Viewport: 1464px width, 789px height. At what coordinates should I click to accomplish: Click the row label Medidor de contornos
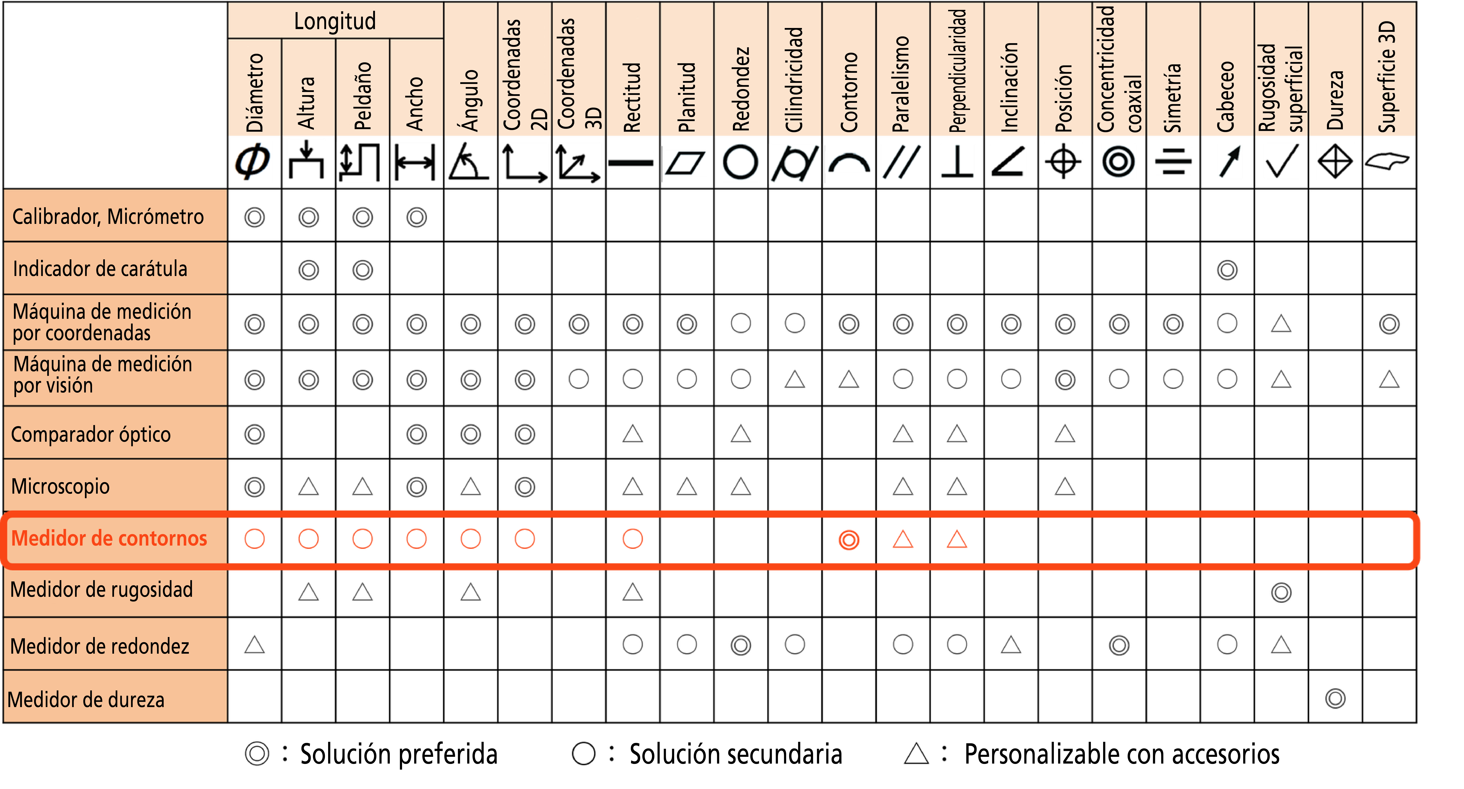(109, 538)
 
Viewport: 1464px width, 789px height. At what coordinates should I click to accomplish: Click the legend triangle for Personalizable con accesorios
(916, 754)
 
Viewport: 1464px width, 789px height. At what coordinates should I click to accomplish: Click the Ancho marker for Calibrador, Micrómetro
(417, 217)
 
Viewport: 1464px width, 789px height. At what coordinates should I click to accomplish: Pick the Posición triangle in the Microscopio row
(1065, 486)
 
